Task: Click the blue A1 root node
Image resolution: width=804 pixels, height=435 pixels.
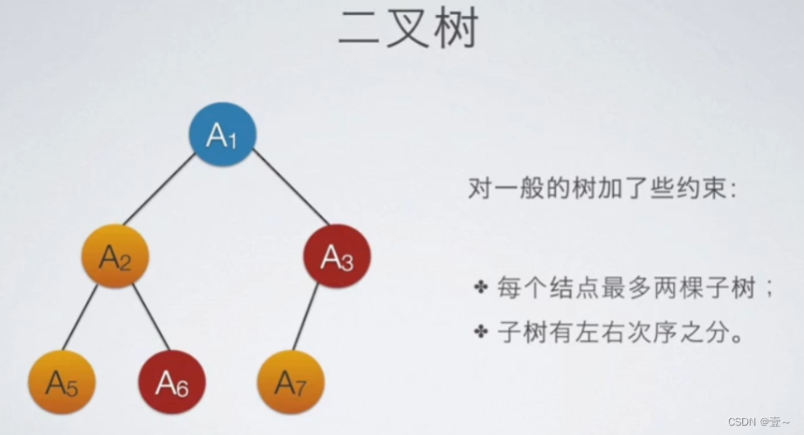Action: [x=222, y=135]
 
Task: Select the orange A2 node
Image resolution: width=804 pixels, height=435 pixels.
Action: [x=115, y=255]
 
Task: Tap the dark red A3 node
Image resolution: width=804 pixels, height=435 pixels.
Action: [x=337, y=256]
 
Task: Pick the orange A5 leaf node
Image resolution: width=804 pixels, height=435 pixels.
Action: [x=62, y=382]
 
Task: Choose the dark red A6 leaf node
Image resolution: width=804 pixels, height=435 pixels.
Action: [x=172, y=382]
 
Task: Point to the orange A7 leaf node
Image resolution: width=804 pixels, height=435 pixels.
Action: [x=290, y=382]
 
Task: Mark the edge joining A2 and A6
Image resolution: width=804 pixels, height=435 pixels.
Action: [x=150, y=317]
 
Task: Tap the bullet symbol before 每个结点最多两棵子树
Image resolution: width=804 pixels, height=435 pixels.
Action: [x=481, y=286]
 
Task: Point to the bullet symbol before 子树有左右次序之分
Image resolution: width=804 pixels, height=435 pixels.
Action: [x=481, y=332]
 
